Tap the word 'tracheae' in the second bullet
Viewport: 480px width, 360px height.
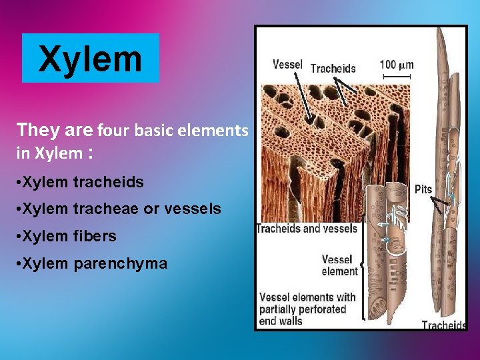(105, 209)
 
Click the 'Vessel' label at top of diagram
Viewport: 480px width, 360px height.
(287, 65)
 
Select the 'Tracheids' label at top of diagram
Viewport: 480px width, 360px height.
(333, 68)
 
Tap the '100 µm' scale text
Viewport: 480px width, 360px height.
(396, 65)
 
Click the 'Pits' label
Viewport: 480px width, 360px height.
(423, 189)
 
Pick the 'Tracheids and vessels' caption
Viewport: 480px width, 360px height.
(307, 229)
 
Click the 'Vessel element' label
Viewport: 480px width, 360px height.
(339, 265)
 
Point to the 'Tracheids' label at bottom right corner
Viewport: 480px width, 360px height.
(443, 325)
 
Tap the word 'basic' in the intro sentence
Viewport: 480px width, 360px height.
(154, 130)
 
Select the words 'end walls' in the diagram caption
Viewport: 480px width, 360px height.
(281, 321)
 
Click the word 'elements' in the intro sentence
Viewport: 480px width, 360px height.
(212, 130)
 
